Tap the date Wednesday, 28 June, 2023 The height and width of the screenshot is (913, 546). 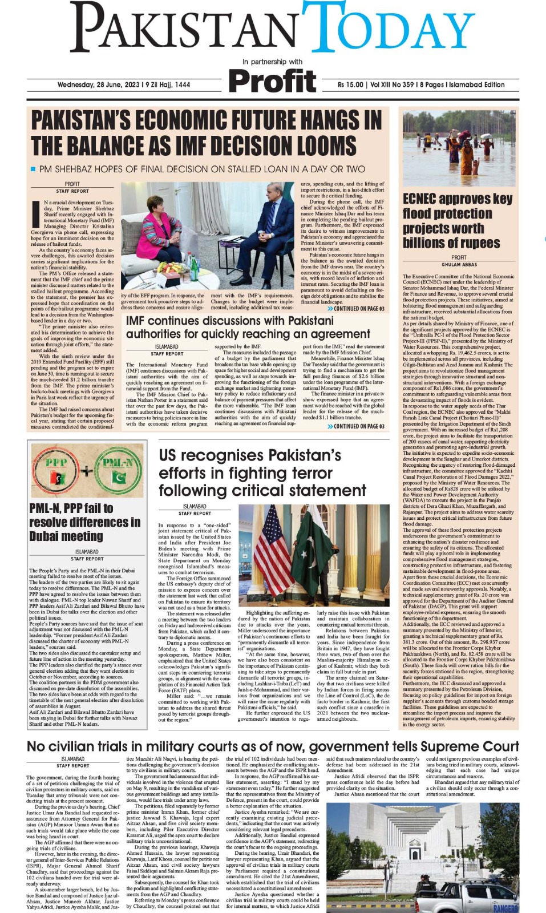coord(123,85)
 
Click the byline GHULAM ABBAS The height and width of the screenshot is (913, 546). coord(459,265)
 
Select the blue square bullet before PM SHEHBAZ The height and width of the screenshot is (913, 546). coord(33,169)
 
